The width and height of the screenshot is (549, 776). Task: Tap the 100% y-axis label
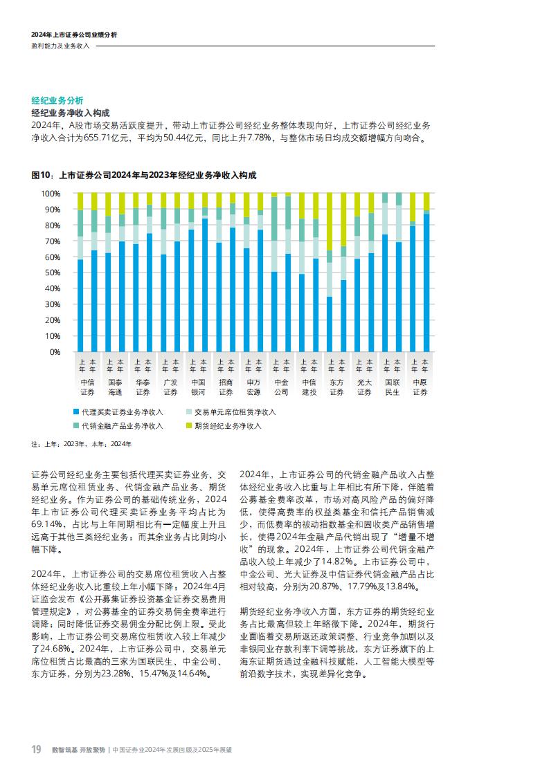tap(51, 193)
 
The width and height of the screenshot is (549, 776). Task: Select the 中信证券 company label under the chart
tap(87, 387)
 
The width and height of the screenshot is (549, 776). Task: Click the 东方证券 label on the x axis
tap(336, 387)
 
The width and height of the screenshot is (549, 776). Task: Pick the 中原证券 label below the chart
tap(420, 387)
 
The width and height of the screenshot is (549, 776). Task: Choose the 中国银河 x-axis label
tap(198, 387)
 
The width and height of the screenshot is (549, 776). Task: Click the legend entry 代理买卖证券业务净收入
tap(121, 412)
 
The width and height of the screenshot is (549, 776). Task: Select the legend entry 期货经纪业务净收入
tap(227, 425)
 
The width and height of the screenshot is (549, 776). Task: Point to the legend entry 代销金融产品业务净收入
tap(121, 425)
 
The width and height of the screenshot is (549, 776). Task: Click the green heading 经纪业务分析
tap(57, 100)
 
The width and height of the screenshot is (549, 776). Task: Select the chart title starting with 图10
tap(143, 176)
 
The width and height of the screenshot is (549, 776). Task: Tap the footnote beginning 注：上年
tap(81, 444)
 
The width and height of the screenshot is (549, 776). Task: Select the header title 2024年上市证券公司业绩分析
tap(74, 34)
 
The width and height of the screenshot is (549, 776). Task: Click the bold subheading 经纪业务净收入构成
tap(71, 113)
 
